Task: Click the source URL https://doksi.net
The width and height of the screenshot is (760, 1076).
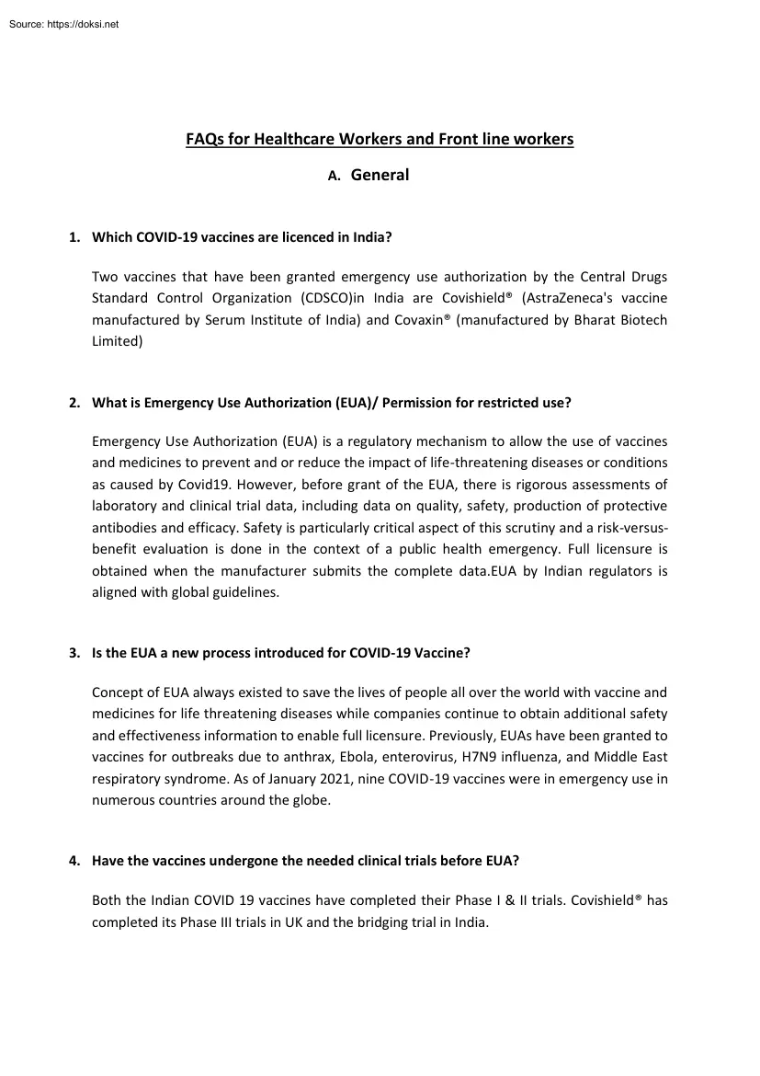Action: (x=82, y=24)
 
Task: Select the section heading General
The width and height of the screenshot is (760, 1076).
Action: (x=380, y=175)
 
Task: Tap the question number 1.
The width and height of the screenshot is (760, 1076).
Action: (x=74, y=237)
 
